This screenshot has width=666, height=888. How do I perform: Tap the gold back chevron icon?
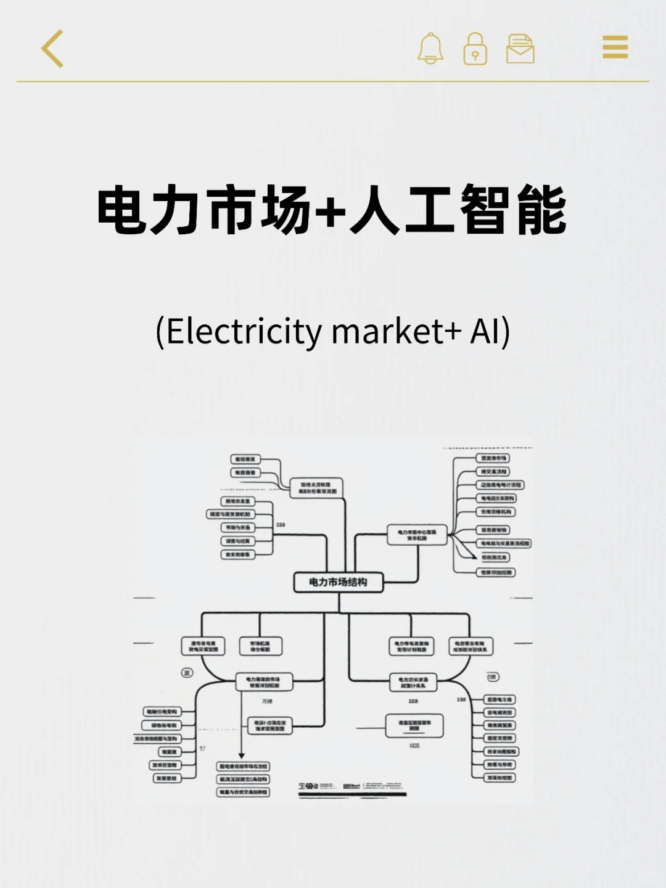tap(52, 48)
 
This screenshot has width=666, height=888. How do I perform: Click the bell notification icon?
tap(430, 48)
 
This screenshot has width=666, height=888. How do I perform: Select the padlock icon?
tap(475, 49)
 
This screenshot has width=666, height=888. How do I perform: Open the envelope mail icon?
tap(520, 49)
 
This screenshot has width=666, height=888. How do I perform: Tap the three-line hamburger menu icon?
tap(615, 47)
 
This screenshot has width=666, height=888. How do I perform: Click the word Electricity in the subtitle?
tap(244, 331)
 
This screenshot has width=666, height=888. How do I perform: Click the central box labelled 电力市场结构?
tap(338, 582)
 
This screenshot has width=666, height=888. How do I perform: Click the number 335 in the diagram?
tap(461, 700)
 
